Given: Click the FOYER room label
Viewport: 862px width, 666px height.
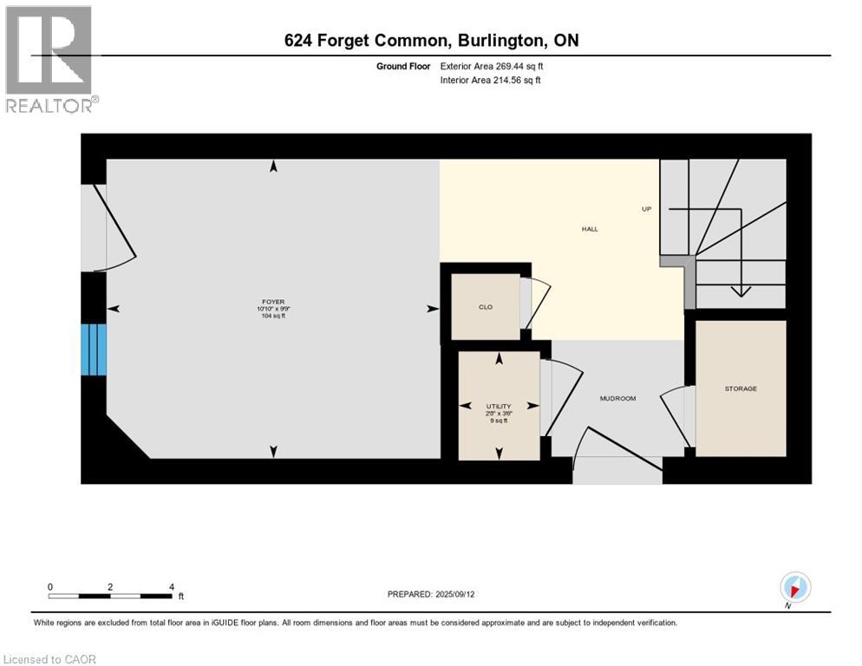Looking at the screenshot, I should click(274, 302).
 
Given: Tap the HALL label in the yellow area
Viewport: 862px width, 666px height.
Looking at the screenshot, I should click(589, 229).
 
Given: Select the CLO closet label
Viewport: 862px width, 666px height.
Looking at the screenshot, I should click(486, 307).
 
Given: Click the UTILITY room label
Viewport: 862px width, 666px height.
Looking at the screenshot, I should click(499, 406).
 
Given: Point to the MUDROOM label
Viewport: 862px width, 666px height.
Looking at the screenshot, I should click(617, 398).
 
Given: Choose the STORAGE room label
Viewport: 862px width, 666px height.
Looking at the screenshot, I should click(741, 388).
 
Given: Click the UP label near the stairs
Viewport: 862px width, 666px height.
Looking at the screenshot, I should click(646, 208).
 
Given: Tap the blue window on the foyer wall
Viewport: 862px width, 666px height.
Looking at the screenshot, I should click(94, 349).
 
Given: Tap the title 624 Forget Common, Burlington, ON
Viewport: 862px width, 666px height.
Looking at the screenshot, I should click(431, 40).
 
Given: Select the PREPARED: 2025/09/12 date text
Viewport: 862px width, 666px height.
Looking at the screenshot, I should click(431, 594).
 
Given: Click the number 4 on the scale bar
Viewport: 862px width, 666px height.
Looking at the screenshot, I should click(171, 586).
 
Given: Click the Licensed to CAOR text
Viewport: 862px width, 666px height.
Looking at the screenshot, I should click(50, 659).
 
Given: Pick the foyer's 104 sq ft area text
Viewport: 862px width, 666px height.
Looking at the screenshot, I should click(274, 317).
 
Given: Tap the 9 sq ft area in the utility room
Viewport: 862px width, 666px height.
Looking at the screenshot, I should click(499, 421).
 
